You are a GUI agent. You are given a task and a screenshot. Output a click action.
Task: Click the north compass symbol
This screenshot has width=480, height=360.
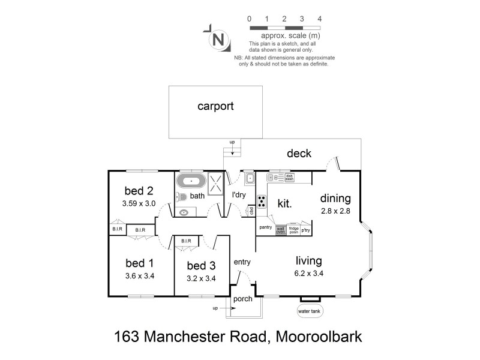(x=219, y=40)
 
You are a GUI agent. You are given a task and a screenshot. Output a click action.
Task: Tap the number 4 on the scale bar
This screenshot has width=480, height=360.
(x=320, y=19)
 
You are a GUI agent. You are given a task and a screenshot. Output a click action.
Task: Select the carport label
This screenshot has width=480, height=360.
(x=215, y=107)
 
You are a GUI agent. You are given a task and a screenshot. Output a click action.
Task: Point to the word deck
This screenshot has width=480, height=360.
(x=298, y=154)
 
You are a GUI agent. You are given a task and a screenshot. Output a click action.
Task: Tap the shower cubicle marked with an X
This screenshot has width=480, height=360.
(x=214, y=181)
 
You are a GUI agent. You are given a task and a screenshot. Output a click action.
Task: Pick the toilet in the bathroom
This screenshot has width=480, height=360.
(x=183, y=196)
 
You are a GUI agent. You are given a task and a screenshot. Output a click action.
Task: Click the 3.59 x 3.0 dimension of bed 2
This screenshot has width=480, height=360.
(x=139, y=203)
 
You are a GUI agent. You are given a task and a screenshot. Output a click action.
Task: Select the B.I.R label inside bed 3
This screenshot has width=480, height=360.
(x=186, y=241)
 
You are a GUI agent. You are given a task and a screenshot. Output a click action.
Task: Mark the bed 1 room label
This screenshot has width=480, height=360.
(x=139, y=263)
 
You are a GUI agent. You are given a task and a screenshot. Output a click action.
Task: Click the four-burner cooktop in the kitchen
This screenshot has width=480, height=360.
(x=262, y=201)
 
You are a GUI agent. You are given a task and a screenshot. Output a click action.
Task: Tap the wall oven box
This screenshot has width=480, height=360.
(x=280, y=230)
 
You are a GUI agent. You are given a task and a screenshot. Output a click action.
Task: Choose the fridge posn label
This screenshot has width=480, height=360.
(x=293, y=230)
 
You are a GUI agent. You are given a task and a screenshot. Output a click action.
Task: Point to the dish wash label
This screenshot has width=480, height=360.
(x=289, y=177)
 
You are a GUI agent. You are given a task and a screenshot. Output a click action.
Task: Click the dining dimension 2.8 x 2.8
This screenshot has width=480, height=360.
(x=335, y=211)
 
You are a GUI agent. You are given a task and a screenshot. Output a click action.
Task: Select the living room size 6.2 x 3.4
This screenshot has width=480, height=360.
(x=309, y=275)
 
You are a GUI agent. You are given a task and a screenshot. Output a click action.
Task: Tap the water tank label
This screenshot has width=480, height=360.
(x=310, y=311)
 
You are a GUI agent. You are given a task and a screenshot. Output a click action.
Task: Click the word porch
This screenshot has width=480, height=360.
(x=242, y=299)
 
